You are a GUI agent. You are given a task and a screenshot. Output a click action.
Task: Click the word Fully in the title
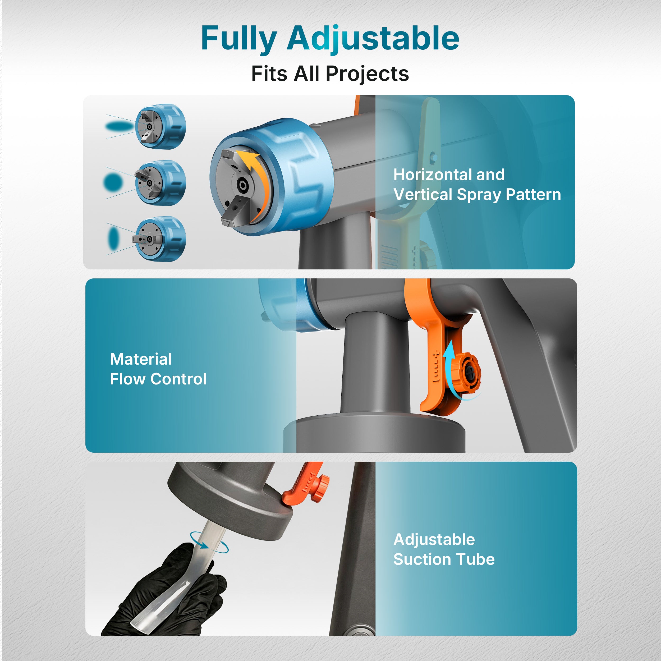click(238, 39)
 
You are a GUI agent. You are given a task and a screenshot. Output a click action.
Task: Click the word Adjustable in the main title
click(373, 39)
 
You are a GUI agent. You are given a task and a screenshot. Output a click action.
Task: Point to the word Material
click(141, 359)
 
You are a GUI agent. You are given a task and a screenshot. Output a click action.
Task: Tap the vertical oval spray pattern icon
click(113, 238)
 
